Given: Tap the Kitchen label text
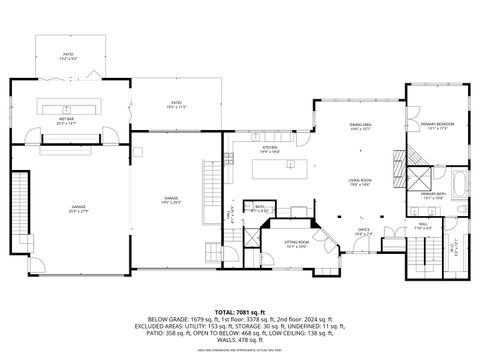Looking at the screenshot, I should click(269, 149).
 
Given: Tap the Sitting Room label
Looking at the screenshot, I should click(296, 243).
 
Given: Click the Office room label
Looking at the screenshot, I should click(363, 231).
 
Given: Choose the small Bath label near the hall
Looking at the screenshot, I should click(259, 208).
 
